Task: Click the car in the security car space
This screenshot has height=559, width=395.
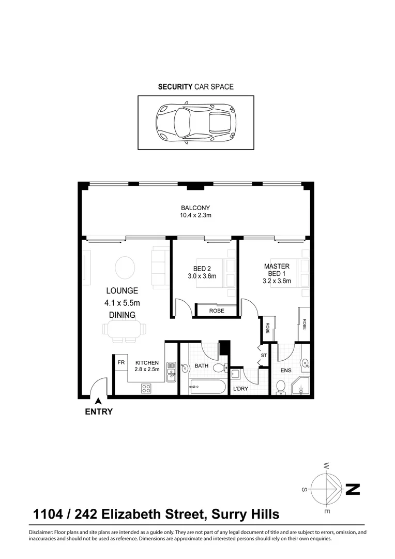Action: [x=196, y=123]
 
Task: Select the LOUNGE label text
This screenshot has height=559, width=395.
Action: [x=122, y=291]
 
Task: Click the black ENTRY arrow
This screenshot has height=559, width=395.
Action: [x=98, y=401]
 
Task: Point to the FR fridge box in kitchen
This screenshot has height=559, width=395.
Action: [x=121, y=362]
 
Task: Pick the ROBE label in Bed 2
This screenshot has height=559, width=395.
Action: [x=216, y=311]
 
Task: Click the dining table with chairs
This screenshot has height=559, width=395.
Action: [x=124, y=330]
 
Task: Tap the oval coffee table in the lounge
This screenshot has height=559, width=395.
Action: [x=125, y=268]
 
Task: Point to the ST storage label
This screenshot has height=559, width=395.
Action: [x=264, y=356]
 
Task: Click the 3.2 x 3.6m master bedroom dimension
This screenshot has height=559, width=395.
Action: [x=276, y=281]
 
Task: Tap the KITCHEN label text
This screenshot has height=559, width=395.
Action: [x=147, y=363]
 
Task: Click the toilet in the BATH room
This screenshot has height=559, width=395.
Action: [x=219, y=368]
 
